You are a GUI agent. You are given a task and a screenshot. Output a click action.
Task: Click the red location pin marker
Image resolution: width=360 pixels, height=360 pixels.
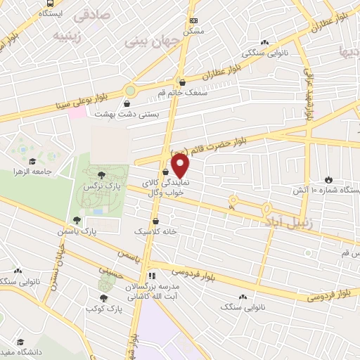181,166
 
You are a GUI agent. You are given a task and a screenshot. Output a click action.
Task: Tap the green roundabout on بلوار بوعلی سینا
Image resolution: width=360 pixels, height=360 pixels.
130,91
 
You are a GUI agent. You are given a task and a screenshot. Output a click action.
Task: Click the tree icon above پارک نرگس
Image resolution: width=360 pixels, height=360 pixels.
103,175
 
